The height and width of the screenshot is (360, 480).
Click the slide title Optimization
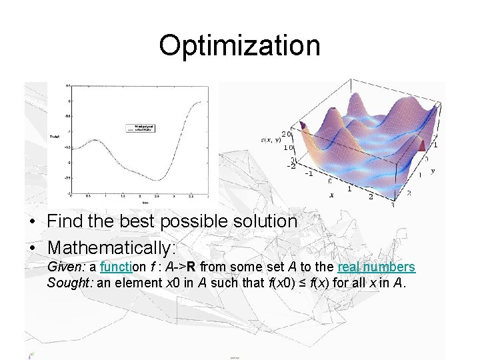[x=239, y=45]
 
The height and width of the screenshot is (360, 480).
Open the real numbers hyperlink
[x=376, y=267]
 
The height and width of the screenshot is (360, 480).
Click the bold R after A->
[x=190, y=267]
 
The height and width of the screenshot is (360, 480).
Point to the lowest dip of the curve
[x=159, y=179]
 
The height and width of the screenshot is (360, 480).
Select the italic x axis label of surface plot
[x=331, y=195]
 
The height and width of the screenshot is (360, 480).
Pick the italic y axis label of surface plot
[x=433, y=171]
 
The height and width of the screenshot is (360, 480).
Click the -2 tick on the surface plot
[x=291, y=165]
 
